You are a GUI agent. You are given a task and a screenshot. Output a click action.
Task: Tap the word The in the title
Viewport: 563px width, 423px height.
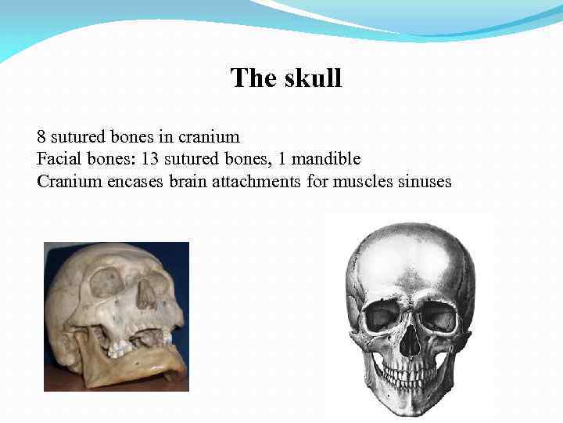point(249,78)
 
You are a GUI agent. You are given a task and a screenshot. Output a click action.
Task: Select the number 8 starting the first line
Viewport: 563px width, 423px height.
point(41,137)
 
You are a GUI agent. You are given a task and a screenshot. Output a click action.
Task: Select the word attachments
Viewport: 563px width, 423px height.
point(256,182)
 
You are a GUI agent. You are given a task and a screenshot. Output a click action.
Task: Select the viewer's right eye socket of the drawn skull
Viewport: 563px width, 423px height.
point(438,317)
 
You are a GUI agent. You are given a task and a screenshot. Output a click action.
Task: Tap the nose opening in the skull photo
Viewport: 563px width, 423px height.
point(145,295)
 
